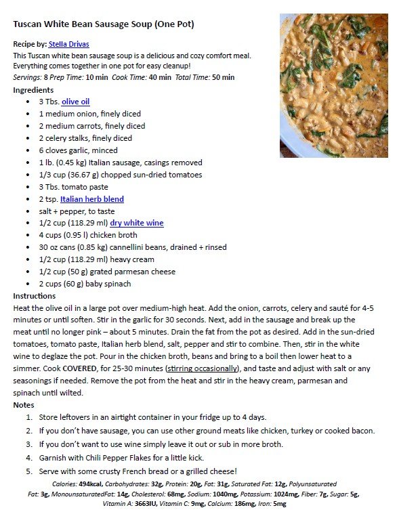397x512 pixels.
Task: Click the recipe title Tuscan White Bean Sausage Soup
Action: tap(104, 24)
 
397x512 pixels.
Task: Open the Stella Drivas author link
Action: tap(68, 44)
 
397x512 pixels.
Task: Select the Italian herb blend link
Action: tap(91, 199)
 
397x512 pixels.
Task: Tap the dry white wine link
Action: tap(136, 223)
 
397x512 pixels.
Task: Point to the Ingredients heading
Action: tap(33, 90)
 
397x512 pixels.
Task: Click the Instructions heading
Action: tap(35, 296)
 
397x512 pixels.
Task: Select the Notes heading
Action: tap(24, 405)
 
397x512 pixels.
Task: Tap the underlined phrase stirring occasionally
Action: tap(203, 368)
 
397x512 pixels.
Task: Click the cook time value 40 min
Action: tap(159, 77)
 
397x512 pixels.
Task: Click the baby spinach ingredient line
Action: tap(85, 284)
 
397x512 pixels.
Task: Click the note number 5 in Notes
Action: tap(29, 471)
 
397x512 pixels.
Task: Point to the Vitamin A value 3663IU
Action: tap(142, 505)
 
